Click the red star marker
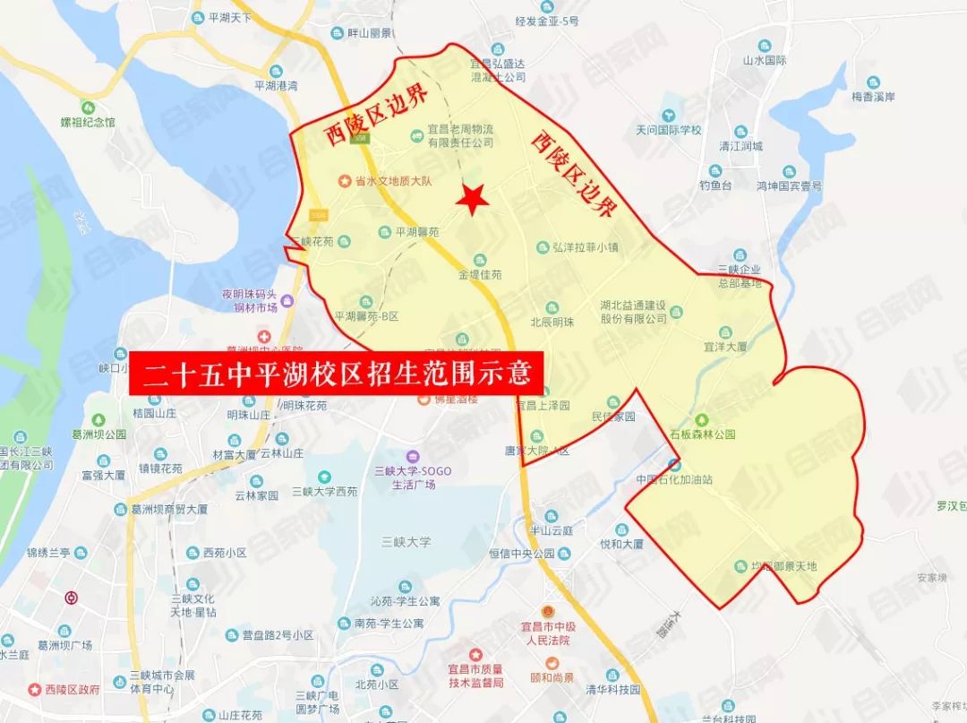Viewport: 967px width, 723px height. pyautogui.click(x=472, y=199)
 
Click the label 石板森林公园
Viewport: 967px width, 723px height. pyautogui.click(x=703, y=434)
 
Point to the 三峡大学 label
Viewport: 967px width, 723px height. pyautogui.click(x=406, y=541)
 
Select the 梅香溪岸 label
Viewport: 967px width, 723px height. pyautogui.click(x=874, y=97)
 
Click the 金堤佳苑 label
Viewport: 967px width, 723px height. pyautogui.click(x=480, y=274)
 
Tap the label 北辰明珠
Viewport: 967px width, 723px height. pyautogui.click(x=552, y=323)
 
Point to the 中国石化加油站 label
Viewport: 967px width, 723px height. pyautogui.click(x=674, y=479)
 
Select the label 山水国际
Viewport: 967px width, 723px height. pyautogui.click(x=764, y=61)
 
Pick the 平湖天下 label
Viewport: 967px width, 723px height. pyautogui.click(x=232, y=17)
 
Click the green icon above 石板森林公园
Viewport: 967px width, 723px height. pyautogui.click(x=703, y=418)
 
